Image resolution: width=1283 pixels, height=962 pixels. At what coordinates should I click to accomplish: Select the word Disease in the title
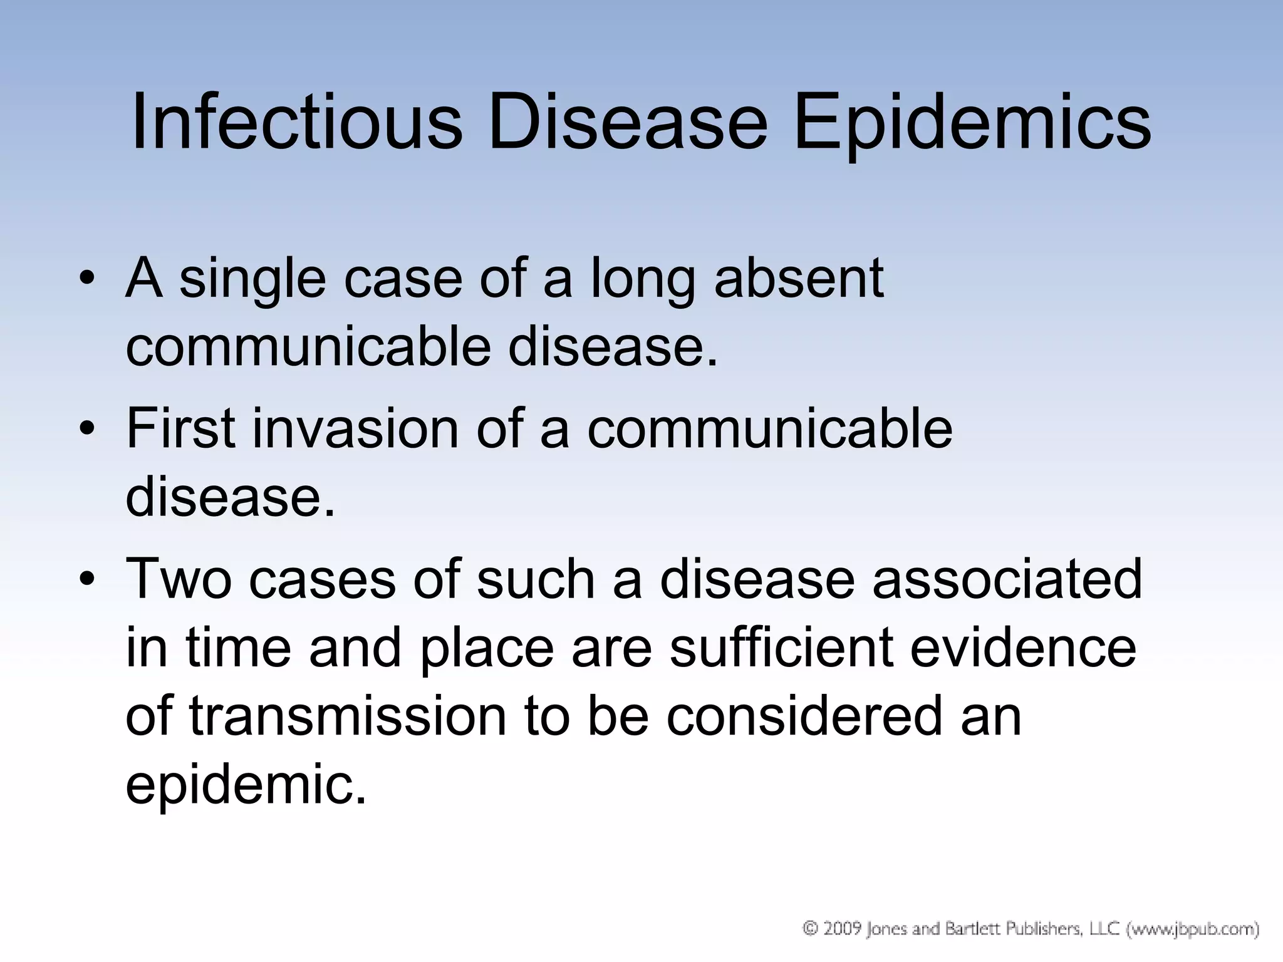(627, 122)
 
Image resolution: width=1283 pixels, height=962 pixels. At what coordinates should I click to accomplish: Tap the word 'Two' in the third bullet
(179, 579)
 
